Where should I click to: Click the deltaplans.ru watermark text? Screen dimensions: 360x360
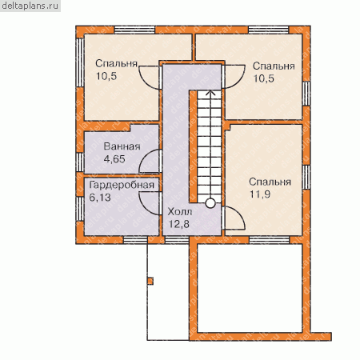point(30,6)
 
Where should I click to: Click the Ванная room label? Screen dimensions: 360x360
point(122,146)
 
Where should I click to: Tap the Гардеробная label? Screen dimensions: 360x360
point(122,186)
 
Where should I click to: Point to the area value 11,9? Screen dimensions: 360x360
point(260,194)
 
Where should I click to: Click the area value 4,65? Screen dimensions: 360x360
point(114,159)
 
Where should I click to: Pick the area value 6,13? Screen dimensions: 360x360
point(100,198)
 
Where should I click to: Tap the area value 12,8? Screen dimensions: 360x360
point(178,224)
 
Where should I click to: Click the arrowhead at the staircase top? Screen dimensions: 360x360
point(210,93)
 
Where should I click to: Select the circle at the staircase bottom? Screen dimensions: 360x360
point(210,203)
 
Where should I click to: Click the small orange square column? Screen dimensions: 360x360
point(150,282)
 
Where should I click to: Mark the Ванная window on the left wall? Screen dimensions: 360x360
point(80,162)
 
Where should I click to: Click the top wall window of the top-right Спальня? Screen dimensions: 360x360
point(269,30)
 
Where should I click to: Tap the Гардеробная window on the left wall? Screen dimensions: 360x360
point(80,209)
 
